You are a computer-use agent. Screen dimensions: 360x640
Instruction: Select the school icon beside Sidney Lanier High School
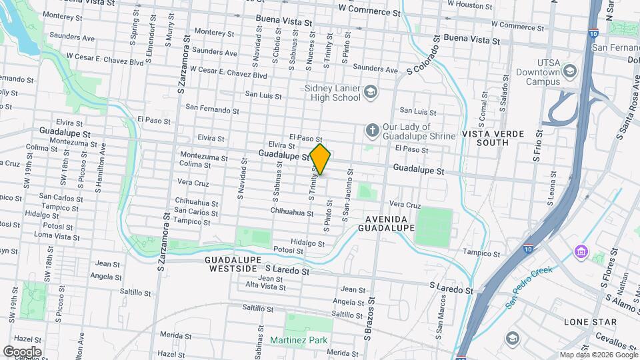click(x=372, y=91)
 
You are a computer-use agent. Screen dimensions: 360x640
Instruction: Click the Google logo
click(x=22, y=351)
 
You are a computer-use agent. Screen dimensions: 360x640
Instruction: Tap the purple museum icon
click(x=580, y=253)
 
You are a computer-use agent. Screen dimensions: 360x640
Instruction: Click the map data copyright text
click(x=597, y=355)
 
